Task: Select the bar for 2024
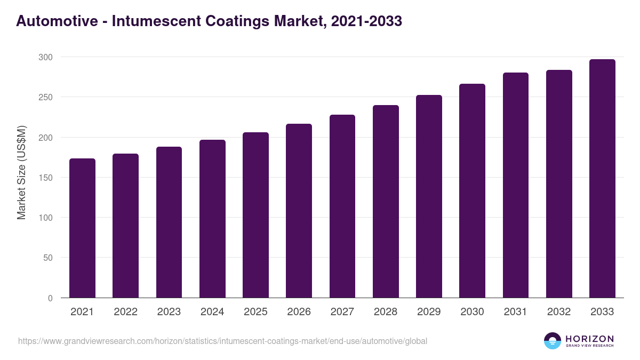(x=212, y=219)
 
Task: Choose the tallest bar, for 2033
(x=602, y=179)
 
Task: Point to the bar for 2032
(x=559, y=184)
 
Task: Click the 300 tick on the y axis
(x=46, y=57)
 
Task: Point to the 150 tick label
(x=46, y=178)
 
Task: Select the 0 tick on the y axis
(x=50, y=298)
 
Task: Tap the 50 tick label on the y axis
(x=48, y=258)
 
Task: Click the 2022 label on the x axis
(x=125, y=312)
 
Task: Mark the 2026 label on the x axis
(x=299, y=312)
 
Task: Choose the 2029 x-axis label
(x=429, y=312)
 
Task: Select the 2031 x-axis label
(x=515, y=312)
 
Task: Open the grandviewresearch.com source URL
(x=222, y=341)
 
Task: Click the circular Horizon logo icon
(x=553, y=341)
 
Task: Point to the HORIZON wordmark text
(x=589, y=339)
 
